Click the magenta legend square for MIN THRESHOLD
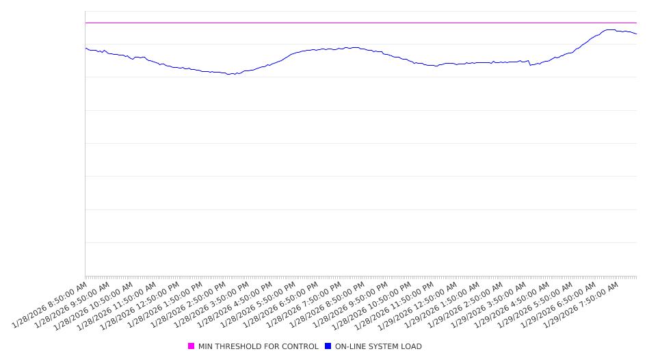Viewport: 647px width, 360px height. click(192, 346)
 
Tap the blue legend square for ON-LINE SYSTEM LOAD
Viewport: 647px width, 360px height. click(328, 346)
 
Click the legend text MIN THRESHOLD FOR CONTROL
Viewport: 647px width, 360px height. click(258, 346)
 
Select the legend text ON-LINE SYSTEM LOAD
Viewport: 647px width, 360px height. click(378, 346)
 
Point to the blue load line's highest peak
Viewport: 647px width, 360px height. click(609, 29)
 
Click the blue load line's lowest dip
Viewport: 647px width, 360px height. click(230, 74)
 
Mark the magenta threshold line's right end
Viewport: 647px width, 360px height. click(636, 23)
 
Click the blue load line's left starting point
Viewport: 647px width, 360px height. click(85, 48)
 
